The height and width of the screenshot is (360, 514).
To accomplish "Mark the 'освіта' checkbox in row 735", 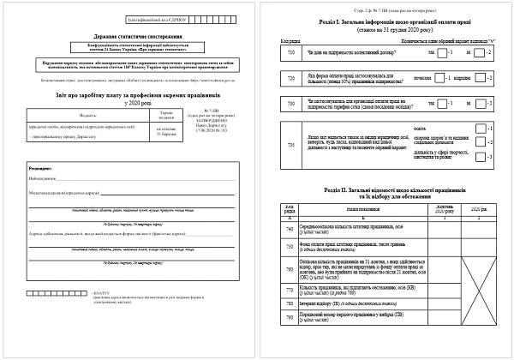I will point(481,126).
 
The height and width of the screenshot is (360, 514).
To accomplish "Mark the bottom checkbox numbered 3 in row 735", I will point(481,159).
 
